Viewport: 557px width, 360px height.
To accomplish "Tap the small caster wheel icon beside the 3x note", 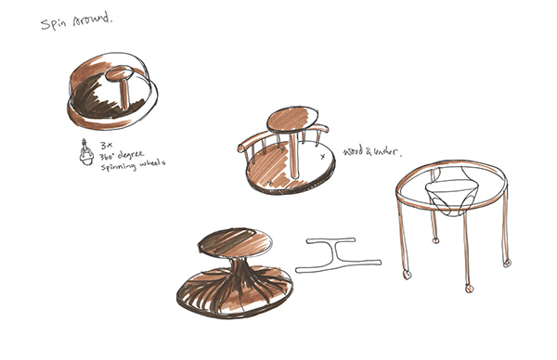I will tap(84, 150).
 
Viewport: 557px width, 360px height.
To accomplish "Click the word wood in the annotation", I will tap(354, 149).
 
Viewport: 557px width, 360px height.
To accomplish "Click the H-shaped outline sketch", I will tap(338, 254).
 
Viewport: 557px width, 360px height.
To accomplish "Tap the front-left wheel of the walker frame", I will tap(406, 276).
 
